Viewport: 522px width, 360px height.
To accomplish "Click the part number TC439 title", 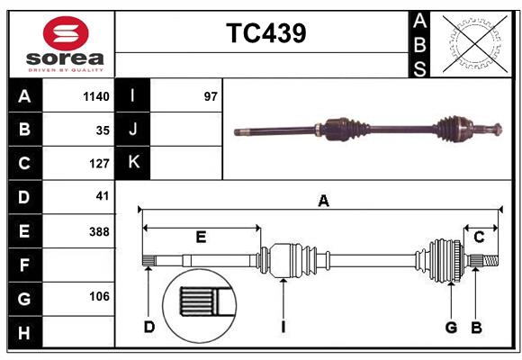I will (265, 33).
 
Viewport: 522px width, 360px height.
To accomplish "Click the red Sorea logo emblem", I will (65, 35).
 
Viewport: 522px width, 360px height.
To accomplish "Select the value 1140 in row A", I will (94, 96).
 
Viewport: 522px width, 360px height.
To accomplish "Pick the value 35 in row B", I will (102, 130).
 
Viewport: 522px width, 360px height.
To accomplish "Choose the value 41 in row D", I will (102, 196).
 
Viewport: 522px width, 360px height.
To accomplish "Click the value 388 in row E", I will (98, 231).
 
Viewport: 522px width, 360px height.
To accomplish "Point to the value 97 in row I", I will (211, 96).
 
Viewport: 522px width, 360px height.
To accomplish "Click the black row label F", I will (24, 265).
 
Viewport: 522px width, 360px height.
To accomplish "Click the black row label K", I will (133, 163).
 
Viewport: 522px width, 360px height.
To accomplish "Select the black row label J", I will (133, 130).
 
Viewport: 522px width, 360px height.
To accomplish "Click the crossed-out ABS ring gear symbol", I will (472, 42).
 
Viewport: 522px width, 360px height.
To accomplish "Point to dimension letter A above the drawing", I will (323, 202).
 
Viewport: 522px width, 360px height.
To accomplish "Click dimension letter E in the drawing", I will (201, 238).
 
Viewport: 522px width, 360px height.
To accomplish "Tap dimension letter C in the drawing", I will (479, 238).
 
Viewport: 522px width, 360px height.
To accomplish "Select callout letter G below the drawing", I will (451, 328).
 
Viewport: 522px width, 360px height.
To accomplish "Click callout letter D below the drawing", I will (149, 328).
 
